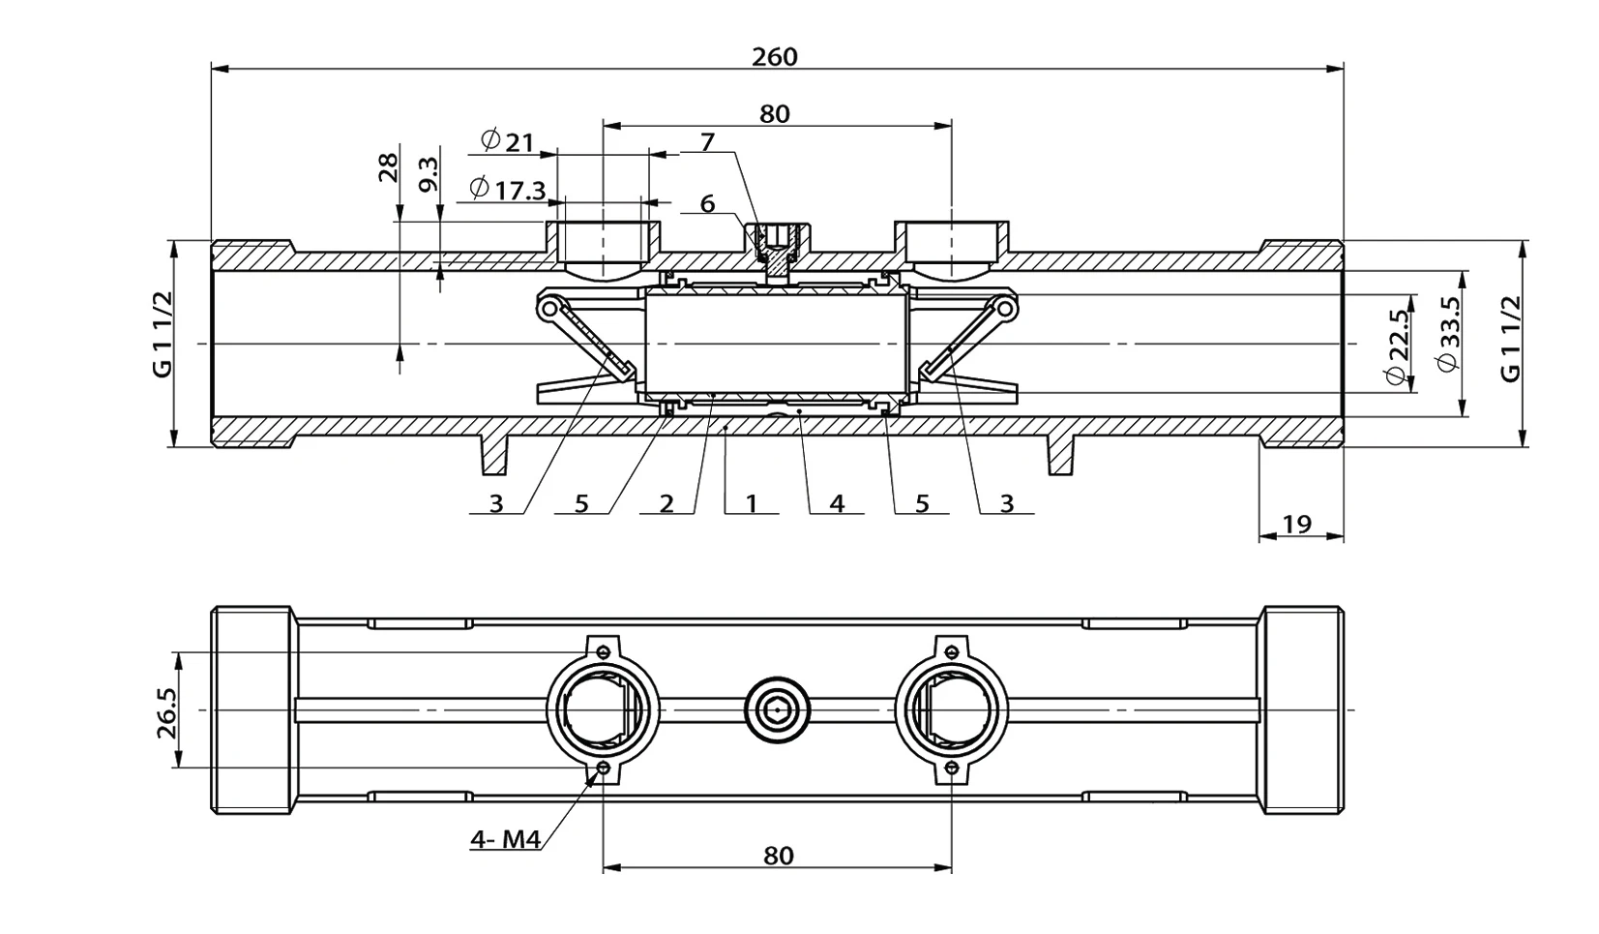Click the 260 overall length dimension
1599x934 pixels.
tap(775, 56)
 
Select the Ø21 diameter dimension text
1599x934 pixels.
tap(508, 141)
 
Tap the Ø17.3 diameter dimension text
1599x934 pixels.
tap(508, 190)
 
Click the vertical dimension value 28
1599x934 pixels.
tap(388, 167)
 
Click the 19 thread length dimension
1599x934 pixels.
tap(1297, 525)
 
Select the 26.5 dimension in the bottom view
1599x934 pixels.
tap(165, 712)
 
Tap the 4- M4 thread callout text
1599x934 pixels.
tap(505, 839)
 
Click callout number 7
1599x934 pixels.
tap(707, 143)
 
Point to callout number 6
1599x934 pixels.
tap(707, 203)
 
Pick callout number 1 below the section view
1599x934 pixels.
tap(752, 504)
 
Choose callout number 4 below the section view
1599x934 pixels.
tap(838, 504)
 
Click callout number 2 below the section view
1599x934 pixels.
tap(666, 504)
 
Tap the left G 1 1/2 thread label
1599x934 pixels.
tap(163, 334)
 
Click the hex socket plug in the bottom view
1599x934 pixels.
tap(778, 709)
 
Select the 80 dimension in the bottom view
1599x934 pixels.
tap(778, 856)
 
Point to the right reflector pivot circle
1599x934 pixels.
tap(1004, 309)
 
